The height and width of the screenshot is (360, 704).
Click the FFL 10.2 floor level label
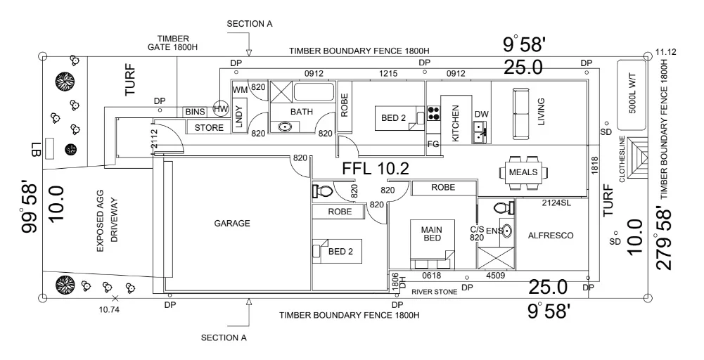[376, 169]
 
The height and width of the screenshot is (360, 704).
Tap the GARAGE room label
[233, 224]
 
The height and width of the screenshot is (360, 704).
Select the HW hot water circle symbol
[221, 109]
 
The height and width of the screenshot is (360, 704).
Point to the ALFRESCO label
[551, 236]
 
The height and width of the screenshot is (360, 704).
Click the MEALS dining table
[523, 172]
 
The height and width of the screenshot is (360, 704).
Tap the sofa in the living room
[521, 113]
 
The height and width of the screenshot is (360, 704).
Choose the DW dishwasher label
[481, 115]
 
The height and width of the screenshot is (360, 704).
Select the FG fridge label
[433, 145]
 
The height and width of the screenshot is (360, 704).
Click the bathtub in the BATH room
[315, 92]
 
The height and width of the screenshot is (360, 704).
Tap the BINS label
[195, 112]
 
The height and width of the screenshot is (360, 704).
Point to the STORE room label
[209, 128]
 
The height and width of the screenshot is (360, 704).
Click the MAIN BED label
[430, 234]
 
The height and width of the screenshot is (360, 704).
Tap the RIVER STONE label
[434, 291]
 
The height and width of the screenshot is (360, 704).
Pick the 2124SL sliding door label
[556, 203]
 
